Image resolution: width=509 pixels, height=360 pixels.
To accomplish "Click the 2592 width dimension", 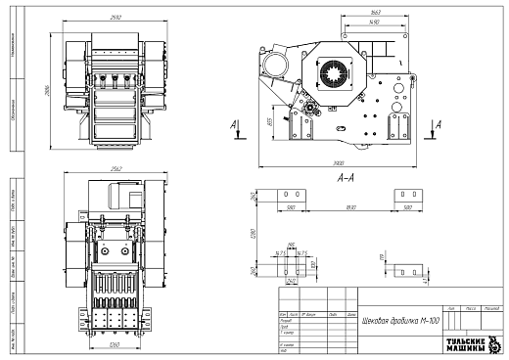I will click(x=116, y=17).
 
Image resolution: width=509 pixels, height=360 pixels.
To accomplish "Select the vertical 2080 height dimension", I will click(x=46, y=90).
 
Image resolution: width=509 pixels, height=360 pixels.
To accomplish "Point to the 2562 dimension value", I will click(x=116, y=167).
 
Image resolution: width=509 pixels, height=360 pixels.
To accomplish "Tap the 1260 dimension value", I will click(x=115, y=344).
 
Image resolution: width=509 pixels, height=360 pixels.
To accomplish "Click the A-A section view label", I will click(x=345, y=180).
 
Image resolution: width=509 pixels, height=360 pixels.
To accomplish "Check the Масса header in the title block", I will click(x=470, y=306).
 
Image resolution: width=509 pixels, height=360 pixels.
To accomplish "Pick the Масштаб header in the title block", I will click(x=492, y=306).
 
